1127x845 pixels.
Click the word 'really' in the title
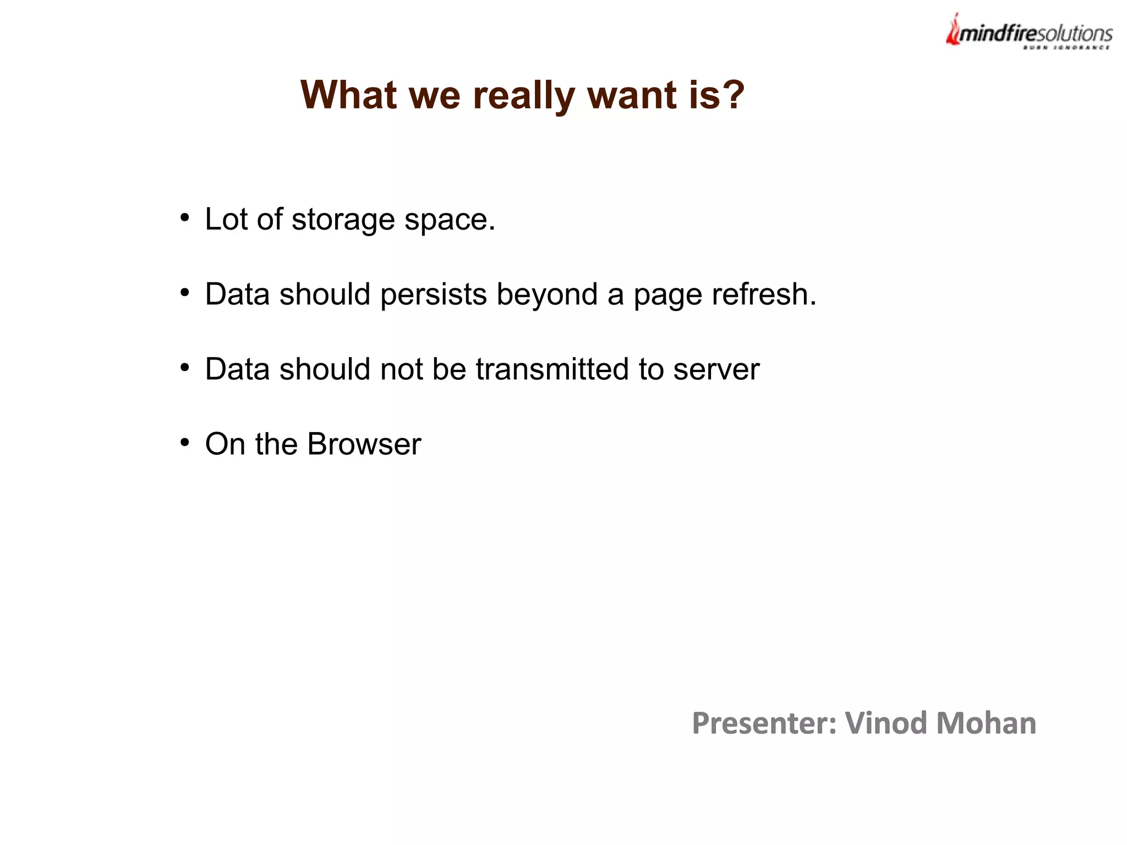pyautogui.click(x=524, y=96)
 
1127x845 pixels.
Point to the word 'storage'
pyautogui.click(x=343, y=220)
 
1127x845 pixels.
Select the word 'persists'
pyautogui.click(x=433, y=295)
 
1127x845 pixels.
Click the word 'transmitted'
pyautogui.click(x=552, y=369)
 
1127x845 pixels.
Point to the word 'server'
pyautogui.click(x=716, y=370)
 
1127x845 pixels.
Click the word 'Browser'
pyautogui.click(x=364, y=444)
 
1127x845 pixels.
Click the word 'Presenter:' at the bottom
pyautogui.click(x=764, y=723)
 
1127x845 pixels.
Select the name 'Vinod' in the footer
pyautogui.click(x=885, y=723)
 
